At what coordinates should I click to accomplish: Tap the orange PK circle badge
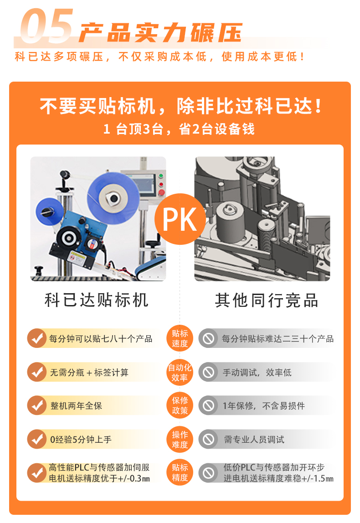[180, 219]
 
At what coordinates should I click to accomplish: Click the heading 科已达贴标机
[97, 300]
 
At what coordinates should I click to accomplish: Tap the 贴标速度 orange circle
[180, 338]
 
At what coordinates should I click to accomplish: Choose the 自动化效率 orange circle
[180, 373]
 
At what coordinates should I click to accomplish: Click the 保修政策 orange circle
[180, 405]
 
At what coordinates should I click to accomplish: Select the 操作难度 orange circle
[180, 440]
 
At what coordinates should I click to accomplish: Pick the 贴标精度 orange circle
[180, 472]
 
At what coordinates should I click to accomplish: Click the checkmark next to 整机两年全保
[36, 405]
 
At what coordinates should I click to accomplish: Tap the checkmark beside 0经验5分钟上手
[36, 440]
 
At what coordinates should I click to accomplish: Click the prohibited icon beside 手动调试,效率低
[208, 373]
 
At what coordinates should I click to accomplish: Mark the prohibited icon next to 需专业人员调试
[208, 440]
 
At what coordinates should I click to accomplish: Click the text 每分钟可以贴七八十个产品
[101, 339]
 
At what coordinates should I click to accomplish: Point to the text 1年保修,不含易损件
[263, 406]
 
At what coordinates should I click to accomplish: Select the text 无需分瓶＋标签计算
[89, 373]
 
